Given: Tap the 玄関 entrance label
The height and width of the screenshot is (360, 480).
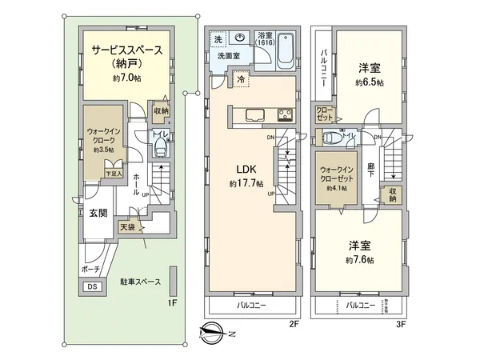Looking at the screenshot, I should (x=97, y=212).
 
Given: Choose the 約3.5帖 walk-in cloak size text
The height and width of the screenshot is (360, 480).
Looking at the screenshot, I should (x=103, y=149).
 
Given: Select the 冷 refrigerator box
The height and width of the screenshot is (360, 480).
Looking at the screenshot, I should (x=240, y=81).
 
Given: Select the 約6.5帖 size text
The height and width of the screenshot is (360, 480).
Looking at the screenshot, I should (x=370, y=82).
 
